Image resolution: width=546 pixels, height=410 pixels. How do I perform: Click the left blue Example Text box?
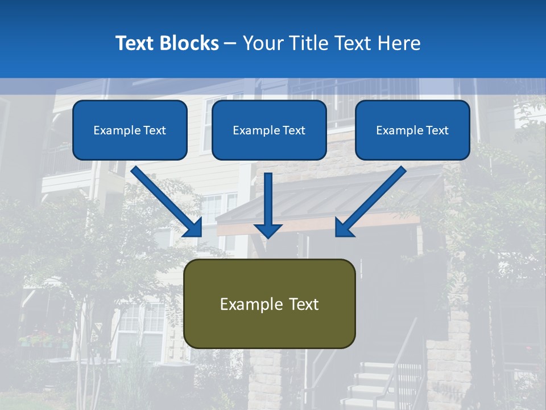tap(130, 130)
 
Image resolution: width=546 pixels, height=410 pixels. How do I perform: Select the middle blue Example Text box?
tap(269, 130)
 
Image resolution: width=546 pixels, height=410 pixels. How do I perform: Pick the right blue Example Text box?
tap(412, 130)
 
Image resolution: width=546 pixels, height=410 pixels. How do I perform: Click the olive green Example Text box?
tap(270, 304)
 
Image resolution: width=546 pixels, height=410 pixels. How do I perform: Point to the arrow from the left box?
tap(167, 202)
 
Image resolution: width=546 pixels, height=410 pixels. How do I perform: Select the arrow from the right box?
tap(371, 202)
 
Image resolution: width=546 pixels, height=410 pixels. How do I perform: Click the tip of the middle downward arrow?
tap(268, 236)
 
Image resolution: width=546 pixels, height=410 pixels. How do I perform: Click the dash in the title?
tap(230, 43)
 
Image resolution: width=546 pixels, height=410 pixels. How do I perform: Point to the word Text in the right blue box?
tap(437, 130)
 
